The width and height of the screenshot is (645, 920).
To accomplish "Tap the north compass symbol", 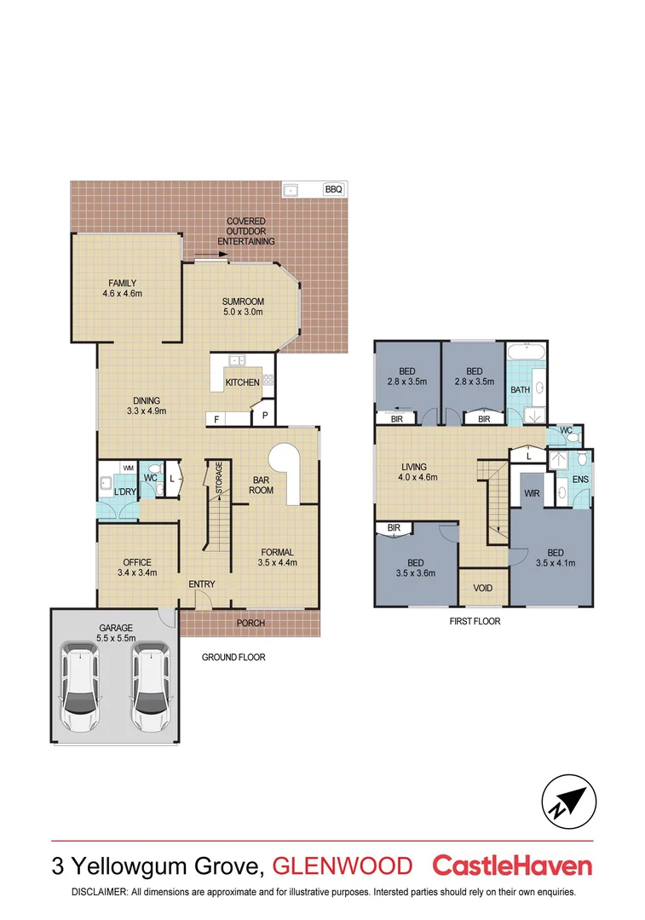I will tap(566, 802).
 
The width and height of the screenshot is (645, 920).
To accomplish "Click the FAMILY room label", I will tap(122, 289).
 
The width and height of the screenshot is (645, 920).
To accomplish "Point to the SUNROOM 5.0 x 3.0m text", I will tap(243, 307).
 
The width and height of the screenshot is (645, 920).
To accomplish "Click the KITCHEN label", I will tap(242, 382).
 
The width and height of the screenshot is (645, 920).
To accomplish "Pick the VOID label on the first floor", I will tap(482, 588).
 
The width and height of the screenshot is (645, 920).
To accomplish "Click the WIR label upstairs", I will tap(533, 493).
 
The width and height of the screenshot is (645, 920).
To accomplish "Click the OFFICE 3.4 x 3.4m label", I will tap(136, 567).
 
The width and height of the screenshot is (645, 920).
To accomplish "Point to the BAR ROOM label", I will tap(261, 485).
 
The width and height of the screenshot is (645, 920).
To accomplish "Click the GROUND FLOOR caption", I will tap(233, 657).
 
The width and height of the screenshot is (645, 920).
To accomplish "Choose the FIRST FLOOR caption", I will tap(475, 621).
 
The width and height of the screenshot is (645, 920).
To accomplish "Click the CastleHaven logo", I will tap(512, 865).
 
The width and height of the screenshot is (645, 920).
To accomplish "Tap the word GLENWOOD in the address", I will tap(342, 866).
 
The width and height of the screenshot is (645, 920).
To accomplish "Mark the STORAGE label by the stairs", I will tap(219, 477).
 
